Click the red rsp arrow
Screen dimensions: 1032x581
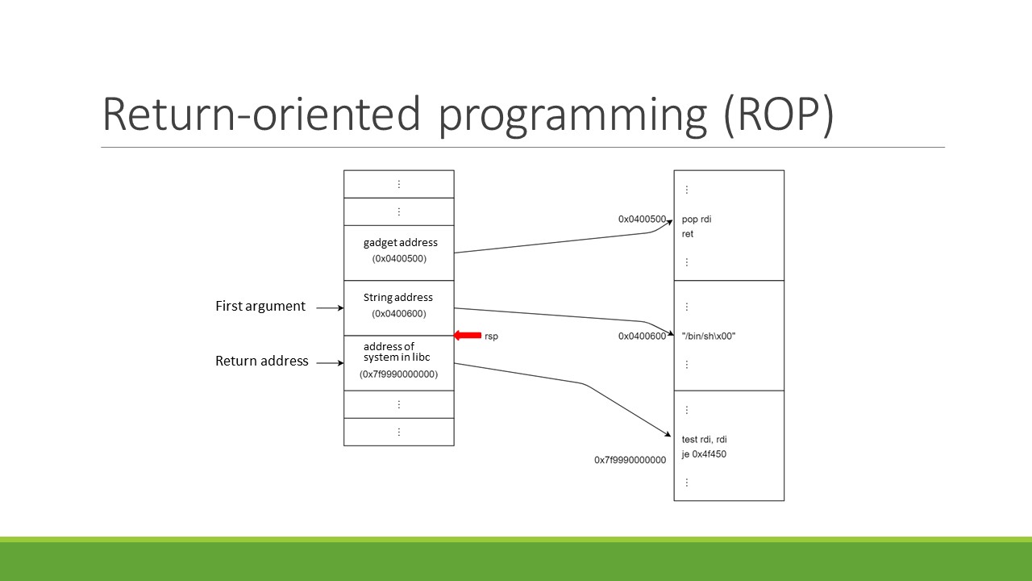pos(468,335)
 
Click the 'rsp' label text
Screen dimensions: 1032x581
pos(491,336)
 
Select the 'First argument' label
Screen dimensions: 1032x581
pos(260,306)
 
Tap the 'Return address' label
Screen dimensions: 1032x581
pos(262,361)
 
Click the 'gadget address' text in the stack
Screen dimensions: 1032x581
pos(401,243)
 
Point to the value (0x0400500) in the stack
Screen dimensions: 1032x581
pos(399,259)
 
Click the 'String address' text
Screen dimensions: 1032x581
pos(398,298)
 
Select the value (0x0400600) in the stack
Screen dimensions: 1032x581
pos(399,314)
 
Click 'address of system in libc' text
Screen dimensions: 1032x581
pos(397,352)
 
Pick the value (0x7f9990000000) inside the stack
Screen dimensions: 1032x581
pos(398,374)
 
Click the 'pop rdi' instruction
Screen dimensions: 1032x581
pos(697,219)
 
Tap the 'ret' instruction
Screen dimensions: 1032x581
pos(688,234)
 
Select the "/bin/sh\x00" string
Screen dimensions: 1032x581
pos(709,336)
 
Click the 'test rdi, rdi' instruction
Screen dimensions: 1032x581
pos(705,440)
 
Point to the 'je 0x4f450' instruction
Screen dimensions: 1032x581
pos(704,454)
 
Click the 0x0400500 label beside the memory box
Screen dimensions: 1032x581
pos(643,219)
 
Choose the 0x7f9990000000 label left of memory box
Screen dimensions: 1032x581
pos(630,460)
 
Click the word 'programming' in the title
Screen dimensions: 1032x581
pos(572,115)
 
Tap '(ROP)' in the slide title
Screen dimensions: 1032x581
pos(779,115)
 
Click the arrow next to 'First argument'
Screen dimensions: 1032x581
pos(330,307)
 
